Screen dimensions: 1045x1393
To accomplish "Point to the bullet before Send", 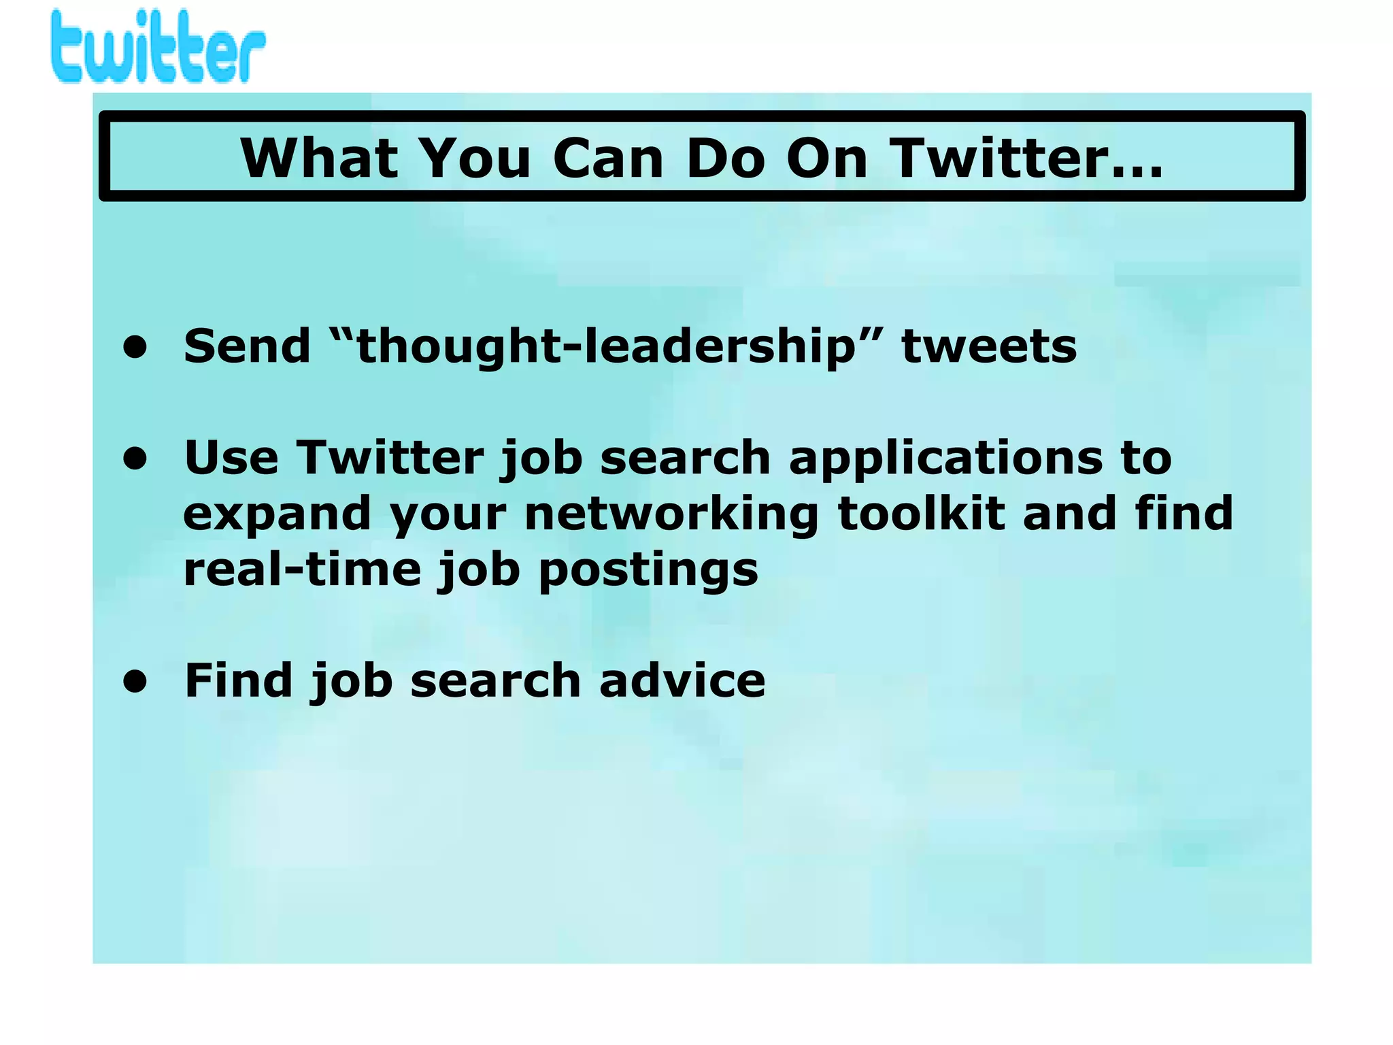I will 135,347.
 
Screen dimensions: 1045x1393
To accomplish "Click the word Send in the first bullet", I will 247,346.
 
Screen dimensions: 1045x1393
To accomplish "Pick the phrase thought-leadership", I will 605,346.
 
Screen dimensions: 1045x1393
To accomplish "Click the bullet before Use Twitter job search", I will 135,458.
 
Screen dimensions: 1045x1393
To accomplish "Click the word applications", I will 946,459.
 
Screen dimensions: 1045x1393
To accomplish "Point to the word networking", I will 671,514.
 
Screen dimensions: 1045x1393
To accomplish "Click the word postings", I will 648,570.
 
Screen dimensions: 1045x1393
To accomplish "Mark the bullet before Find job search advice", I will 135,680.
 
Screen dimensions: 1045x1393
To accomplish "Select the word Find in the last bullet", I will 239,680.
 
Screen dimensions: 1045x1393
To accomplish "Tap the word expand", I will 277,514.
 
